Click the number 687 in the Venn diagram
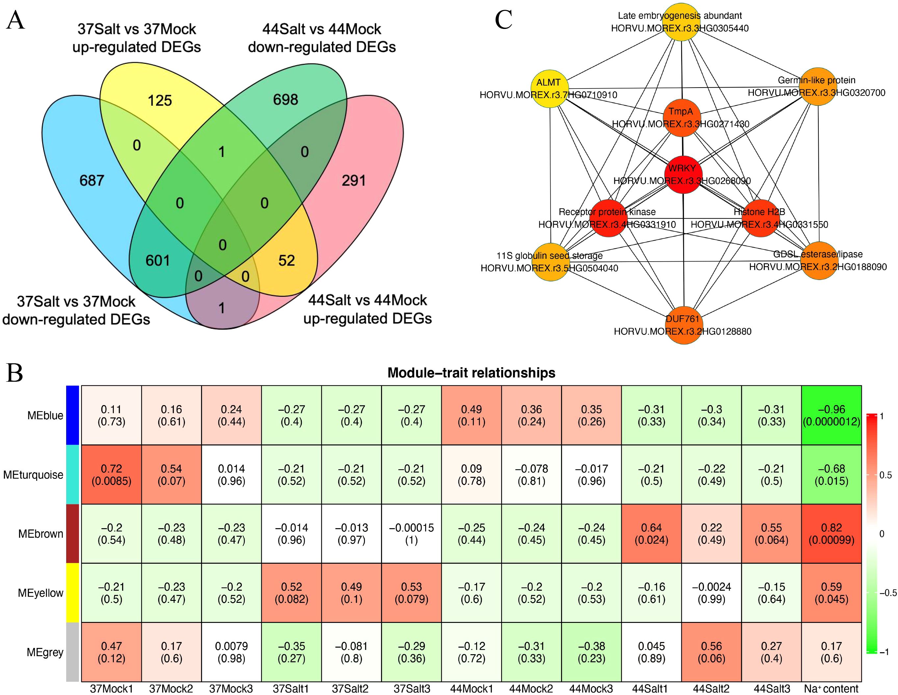(92, 181)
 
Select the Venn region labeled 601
(158, 260)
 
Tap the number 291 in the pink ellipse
(354, 181)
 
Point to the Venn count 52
(287, 260)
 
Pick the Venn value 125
(160, 100)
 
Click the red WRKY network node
(683, 175)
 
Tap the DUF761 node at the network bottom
(683, 325)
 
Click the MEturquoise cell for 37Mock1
(112, 475)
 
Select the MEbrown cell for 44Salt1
(651, 533)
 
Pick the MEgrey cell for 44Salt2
(711, 652)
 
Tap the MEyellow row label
(41, 593)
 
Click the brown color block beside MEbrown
(72, 533)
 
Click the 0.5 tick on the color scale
(885, 476)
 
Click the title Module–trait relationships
(471, 373)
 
